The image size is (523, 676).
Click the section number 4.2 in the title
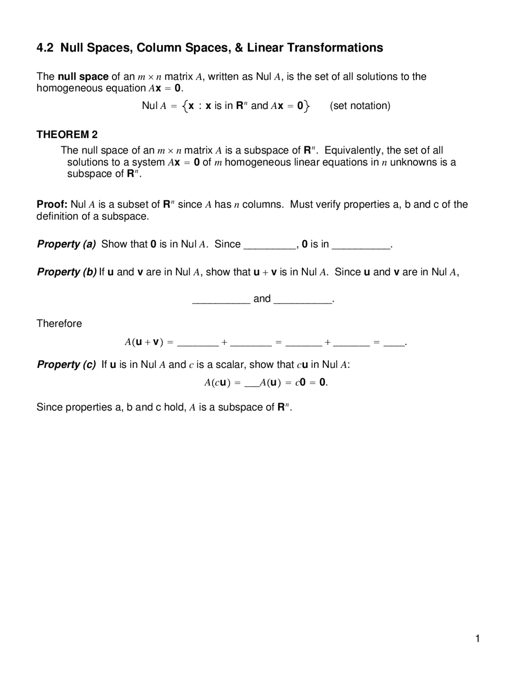click(x=45, y=48)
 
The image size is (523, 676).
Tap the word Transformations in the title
click(x=335, y=48)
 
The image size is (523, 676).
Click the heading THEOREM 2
click(x=67, y=134)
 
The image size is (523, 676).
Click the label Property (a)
click(x=67, y=244)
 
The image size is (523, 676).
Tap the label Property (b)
click(x=67, y=272)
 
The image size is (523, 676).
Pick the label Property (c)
click(x=67, y=365)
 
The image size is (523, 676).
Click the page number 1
click(x=477, y=639)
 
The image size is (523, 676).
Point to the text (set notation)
click(x=360, y=106)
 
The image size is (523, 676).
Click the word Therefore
click(x=59, y=324)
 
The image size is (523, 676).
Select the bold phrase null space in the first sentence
click(x=83, y=77)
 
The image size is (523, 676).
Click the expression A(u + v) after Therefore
click(x=144, y=342)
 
